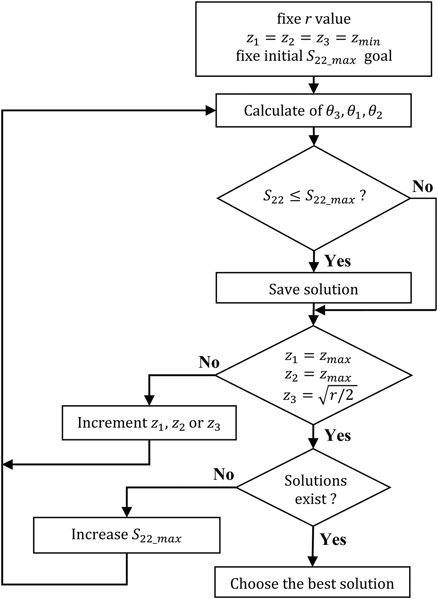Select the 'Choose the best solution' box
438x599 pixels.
click(312, 583)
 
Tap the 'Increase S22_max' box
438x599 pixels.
click(127, 535)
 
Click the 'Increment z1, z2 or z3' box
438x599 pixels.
click(149, 423)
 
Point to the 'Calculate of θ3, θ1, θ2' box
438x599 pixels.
click(313, 110)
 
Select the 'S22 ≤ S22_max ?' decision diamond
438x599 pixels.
click(314, 198)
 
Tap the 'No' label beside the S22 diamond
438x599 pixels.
click(422, 186)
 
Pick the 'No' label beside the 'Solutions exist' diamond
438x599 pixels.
click(223, 474)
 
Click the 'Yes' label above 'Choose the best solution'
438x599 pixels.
click(333, 539)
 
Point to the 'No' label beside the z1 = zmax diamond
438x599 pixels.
click(209, 362)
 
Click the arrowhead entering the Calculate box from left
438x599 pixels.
click(211, 110)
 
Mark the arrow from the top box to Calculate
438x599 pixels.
click(313, 85)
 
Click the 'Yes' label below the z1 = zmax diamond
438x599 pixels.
click(338, 435)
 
